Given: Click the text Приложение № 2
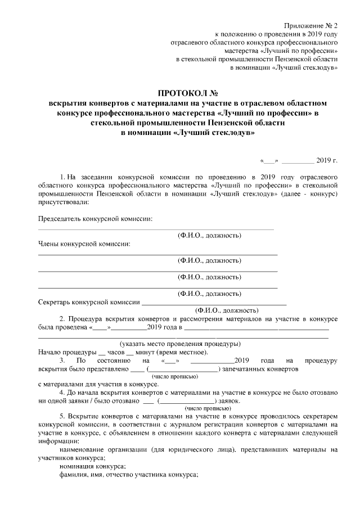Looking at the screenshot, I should point(310,26).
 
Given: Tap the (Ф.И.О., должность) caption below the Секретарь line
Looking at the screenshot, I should point(226,310).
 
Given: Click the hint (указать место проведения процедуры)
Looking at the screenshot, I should point(181,344).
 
